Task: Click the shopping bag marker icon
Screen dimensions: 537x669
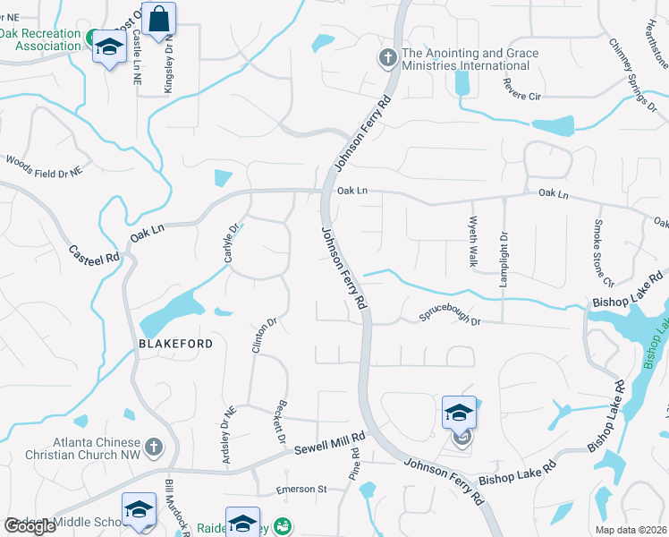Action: pyautogui.click(x=158, y=19)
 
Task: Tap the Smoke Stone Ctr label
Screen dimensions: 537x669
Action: pyautogui.click(x=597, y=248)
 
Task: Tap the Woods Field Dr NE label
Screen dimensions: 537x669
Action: pyautogui.click(x=44, y=165)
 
